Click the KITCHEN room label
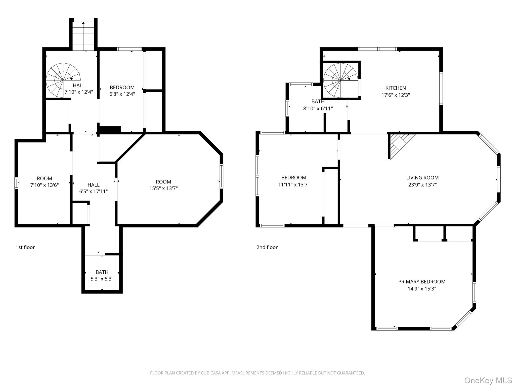[396, 88]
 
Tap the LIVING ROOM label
[422, 178]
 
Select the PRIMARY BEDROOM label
[422, 282]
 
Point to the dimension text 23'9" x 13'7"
[422, 185]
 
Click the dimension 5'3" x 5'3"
[102, 279]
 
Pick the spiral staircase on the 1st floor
[63, 80]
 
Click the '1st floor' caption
[25, 247]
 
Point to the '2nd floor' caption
[267, 247]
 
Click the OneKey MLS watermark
[488, 380]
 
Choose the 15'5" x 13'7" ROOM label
[163, 182]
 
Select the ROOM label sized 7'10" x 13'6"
[45, 178]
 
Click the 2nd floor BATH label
[318, 102]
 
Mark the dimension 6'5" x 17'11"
[94, 191]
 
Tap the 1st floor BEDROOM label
[122, 87]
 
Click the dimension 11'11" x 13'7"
[294, 185]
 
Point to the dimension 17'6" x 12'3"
[396, 95]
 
